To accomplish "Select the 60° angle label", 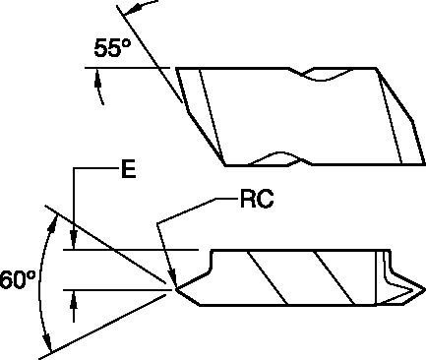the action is click(17, 280).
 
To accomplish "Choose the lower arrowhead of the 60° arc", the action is click(47, 339).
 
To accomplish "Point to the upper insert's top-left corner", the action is click(177, 69).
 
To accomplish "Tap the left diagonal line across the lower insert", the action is click(265, 274).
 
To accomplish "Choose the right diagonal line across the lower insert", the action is click(334, 274).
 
